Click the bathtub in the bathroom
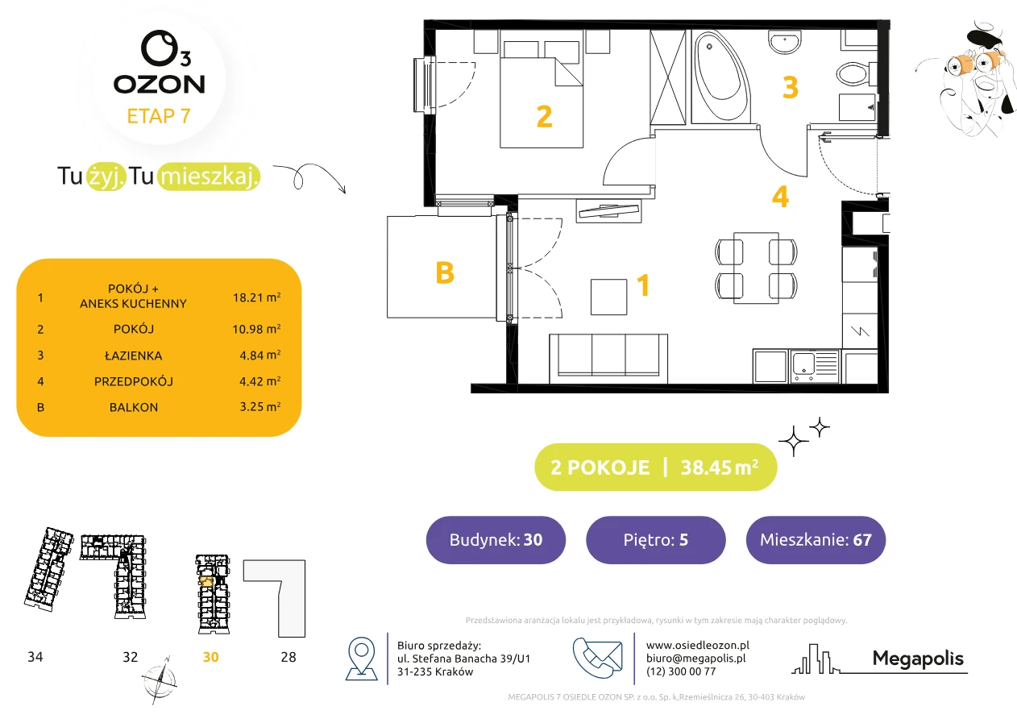720,76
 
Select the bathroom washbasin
784,42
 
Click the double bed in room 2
542,94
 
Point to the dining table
756,268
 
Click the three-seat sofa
608,359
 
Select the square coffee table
609,297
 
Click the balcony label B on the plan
445,273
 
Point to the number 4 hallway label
780,197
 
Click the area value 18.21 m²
256,297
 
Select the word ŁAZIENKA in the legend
134,355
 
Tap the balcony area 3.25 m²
259,406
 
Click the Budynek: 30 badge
496,539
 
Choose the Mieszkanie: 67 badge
816,539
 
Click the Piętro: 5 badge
656,539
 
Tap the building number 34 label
35,657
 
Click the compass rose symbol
159,681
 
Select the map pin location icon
361,659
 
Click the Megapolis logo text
918,659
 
